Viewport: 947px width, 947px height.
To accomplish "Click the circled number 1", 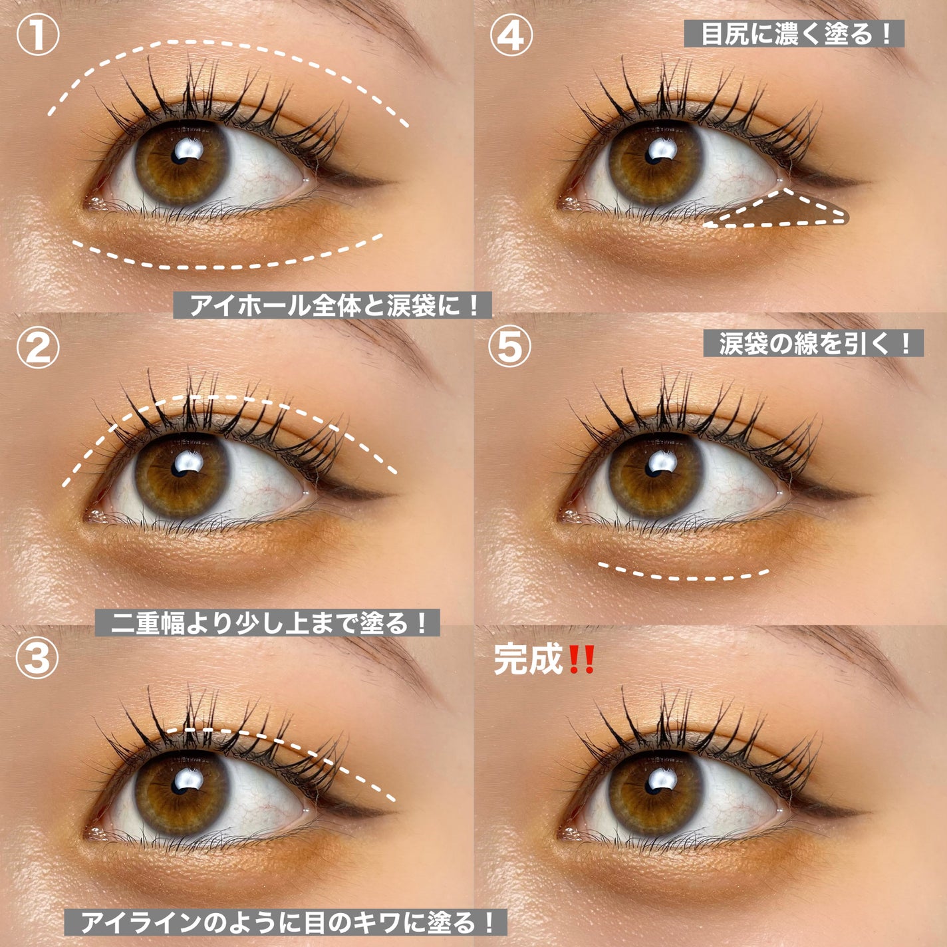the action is pyautogui.click(x=38, y=35).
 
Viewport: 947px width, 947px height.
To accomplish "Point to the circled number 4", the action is pyautogui.click(x=511, y=35).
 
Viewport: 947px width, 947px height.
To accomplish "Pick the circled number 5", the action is pyautogui.click(x=509, y=346).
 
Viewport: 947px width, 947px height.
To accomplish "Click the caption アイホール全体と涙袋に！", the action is pyautogui.click(x=333, y=305).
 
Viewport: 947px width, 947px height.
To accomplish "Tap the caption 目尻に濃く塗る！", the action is pyautogui.click(x=794, y=34).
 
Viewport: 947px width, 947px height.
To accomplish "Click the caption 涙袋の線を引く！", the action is pyautogui.click(x=813, y=343).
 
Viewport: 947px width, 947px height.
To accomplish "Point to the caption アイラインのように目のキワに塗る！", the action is pyautogui.click(x=285, y=922).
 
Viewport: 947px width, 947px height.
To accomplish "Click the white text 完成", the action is pyautogui.click(x=528, y=660).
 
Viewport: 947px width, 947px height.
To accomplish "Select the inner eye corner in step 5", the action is pyautogui.click(x=565, y=516).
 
